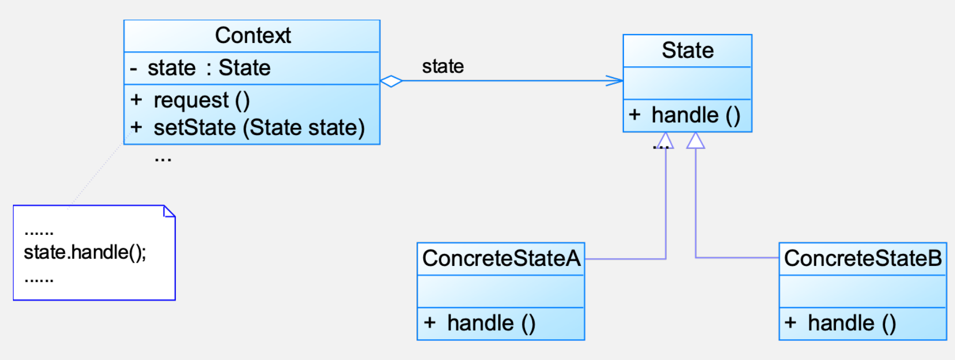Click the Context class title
click(252, 36)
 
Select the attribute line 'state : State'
click(208, 68)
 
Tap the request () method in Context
click(201, 100)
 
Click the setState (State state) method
click(259, 127)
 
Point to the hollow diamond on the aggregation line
click(391, 81)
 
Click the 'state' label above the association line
click(443, 66)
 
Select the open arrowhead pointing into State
click(616, 81)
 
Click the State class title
click(688, 50)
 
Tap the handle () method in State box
click(695, 115)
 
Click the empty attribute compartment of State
click(688, 83)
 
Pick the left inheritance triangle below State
click(665, 141)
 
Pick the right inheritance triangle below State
click(695, 141)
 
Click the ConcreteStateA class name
click(501, 258)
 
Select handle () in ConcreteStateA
click(490, 323)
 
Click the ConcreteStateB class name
click(862, 258)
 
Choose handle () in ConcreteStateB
click(852, 323)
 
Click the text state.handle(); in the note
click(85, 252)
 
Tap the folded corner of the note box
click(169, 211)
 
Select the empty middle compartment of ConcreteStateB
click(862, 291)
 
